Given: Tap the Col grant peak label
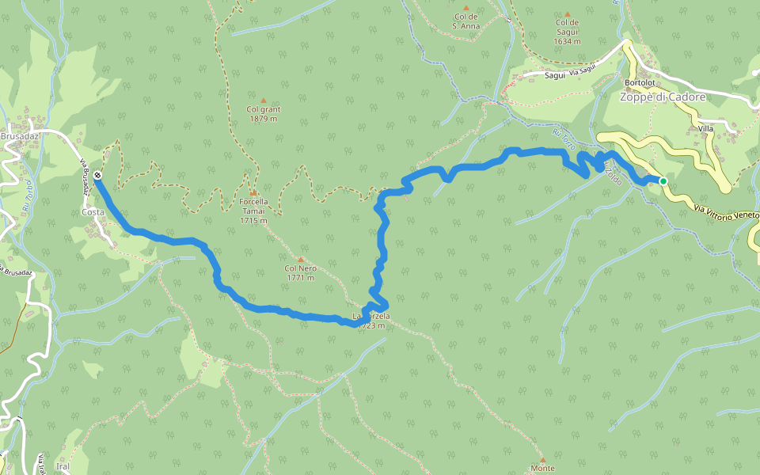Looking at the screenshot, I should [264, 114].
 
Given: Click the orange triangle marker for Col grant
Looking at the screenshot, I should [264, 101].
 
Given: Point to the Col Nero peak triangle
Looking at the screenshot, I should [301, 260].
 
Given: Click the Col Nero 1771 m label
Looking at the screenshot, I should [301, 273].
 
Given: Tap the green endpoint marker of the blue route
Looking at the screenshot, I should [663, 181].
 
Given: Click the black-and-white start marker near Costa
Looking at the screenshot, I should [97, 175].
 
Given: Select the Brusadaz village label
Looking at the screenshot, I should [20, 136].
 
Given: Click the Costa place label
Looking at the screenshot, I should [93, 212].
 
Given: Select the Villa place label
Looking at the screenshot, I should [706, 128].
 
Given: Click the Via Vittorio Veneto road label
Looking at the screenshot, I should [725, 211].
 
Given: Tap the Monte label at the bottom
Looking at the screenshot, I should [543, 469].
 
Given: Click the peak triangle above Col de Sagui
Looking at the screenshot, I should [568, 14].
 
